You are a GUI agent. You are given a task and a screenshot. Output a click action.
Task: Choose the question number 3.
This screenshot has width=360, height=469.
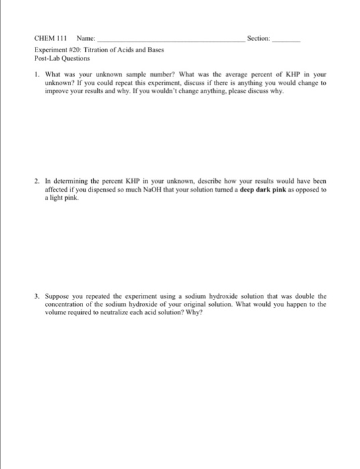coord(36,295)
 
